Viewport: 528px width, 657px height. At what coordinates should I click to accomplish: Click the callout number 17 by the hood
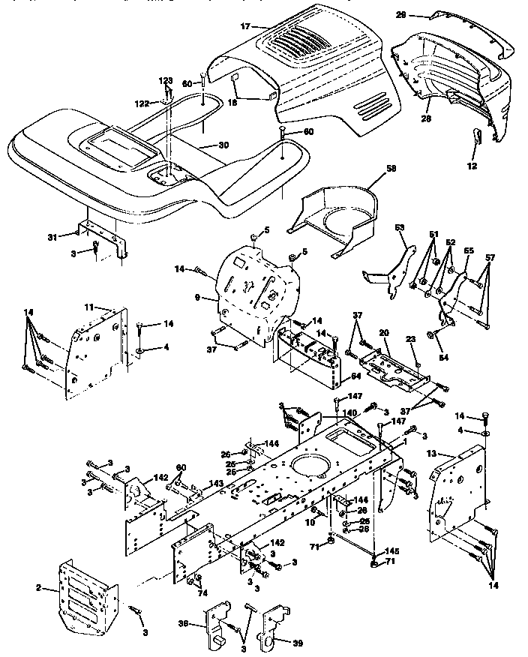point(244,26)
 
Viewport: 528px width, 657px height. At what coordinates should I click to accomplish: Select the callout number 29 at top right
point(421,14)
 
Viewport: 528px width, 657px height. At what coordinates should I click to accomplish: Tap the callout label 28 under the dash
point(426,118)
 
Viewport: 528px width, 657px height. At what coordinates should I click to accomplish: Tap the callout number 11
point(88,307)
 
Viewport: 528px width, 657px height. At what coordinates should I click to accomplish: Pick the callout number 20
point(383,331)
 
